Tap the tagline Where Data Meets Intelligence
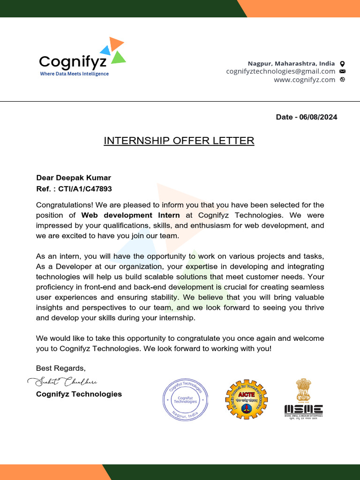[x=74, y=74]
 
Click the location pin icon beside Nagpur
[x=342, y=63]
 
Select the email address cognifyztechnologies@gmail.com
[x=280, y=71]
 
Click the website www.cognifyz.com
[x=304, y=80]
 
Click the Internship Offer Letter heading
[x=179, y=141]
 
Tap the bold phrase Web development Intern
[x=130, y=215]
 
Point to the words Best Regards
[x=60, y=368]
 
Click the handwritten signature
[x=62, y=382]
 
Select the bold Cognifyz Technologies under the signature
[x=79, y=394]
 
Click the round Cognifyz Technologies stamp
[x=185, y=399]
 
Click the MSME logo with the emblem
[x=303, y=399]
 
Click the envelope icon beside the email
[x=342, y=71]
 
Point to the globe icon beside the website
[x=342, y=80]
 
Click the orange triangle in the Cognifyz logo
[x=116, y=44]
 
